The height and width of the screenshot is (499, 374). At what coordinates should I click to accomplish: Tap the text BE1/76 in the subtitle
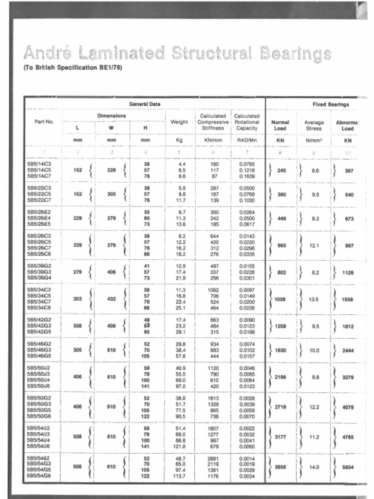point(111,67)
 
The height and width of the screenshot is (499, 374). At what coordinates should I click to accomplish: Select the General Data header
point(145,104)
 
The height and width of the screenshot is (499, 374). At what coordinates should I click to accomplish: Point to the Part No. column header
point(44,122)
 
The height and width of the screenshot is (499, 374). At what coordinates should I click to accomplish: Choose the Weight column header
point(179,122)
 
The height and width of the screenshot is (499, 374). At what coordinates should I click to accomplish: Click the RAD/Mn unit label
point(247,140)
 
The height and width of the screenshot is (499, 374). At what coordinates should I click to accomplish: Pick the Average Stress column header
point(314,125)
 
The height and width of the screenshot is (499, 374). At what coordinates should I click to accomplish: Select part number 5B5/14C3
point(39,164)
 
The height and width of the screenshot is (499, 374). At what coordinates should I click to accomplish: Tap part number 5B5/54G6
point(39,477)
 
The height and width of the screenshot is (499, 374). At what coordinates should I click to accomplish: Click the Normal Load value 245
point(281,171)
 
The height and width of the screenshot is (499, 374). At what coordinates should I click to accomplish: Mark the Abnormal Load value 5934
point(348,467)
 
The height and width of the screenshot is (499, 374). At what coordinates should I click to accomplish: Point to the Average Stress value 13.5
point(315,300)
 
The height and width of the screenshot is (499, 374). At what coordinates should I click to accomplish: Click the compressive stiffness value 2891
point(213,459)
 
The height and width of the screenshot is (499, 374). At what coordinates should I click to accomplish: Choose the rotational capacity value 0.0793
point(247,164)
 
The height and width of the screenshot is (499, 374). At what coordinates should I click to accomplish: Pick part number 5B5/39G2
point(39,266)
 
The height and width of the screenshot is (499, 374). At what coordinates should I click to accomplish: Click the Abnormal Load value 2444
point(348,350)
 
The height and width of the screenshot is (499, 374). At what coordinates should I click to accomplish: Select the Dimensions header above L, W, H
point(112,115)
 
